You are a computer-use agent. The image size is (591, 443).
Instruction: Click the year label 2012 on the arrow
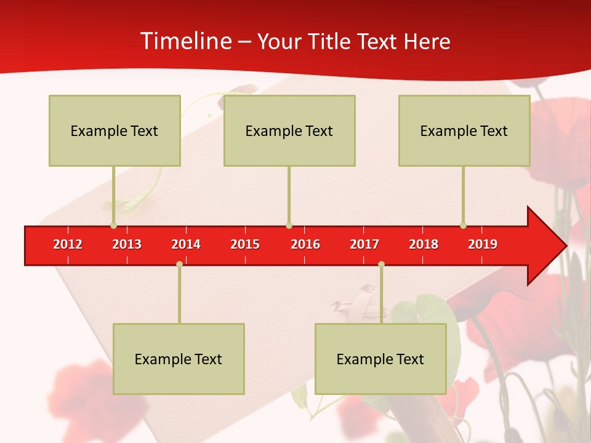coord(68,244)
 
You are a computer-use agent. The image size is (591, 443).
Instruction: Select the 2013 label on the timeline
coord(127,244)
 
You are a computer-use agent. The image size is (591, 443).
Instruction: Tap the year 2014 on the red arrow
coord(186,244)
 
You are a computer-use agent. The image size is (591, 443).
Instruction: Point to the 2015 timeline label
coord(245,244)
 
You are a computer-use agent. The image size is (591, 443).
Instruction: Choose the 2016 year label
coord(305,244)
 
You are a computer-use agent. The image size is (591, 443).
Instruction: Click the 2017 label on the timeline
coord(364,244)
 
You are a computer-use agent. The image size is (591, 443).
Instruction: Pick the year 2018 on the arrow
coord(424,244)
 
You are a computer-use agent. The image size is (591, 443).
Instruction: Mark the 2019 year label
coord(483,244)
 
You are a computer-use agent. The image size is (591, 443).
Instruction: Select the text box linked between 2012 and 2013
coord(115,130)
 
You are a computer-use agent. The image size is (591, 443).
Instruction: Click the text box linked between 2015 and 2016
coord(289,130)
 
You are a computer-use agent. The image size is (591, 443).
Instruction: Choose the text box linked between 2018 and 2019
coord(464,130)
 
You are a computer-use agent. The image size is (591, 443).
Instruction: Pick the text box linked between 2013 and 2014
coord(179,359)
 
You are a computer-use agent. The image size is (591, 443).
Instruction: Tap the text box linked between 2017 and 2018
coord(380,359)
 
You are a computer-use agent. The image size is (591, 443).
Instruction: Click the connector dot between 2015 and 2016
coord(289,225)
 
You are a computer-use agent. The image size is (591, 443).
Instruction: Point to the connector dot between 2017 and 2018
coord(381,265)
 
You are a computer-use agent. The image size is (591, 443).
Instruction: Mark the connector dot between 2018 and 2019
coord(463,225)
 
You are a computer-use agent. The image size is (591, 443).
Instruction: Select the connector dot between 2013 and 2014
coord(179,265)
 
